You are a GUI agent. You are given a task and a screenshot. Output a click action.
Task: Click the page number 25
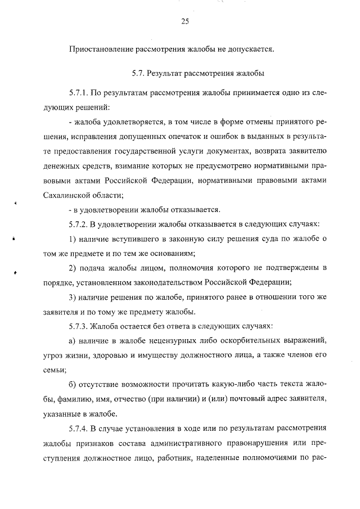(184, 21)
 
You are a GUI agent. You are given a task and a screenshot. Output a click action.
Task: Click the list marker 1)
(72, 240)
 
